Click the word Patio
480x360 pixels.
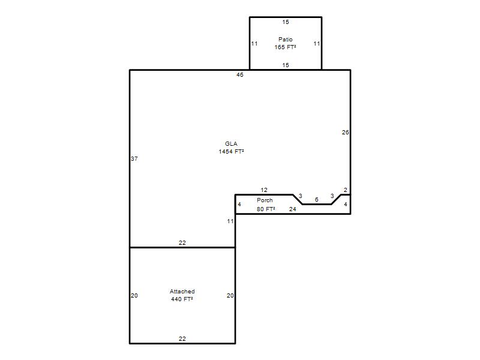(286, 39)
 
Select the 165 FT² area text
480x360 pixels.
(286, 47)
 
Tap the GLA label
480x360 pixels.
(231, 143)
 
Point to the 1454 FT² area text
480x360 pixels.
(231, 152)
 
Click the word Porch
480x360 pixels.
(265, 200)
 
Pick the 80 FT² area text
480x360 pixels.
(266, 209)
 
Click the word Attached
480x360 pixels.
(182, 292)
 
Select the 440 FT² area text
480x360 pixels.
(182, 299)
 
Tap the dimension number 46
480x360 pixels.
(239, 74)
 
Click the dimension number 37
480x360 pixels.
(134, 158)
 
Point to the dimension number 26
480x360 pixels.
(346, 132)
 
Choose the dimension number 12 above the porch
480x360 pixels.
(264, 190)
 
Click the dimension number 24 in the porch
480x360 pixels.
(293, 209)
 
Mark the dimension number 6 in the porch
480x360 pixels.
(317, 200)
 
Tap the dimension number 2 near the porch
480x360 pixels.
(346, 190)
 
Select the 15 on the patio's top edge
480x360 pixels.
(286, 22)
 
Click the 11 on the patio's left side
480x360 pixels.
(254, 43)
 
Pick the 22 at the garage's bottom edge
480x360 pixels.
(182, 338)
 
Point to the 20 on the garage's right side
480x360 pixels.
(230, 295)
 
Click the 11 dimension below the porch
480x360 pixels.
(230, 221)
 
